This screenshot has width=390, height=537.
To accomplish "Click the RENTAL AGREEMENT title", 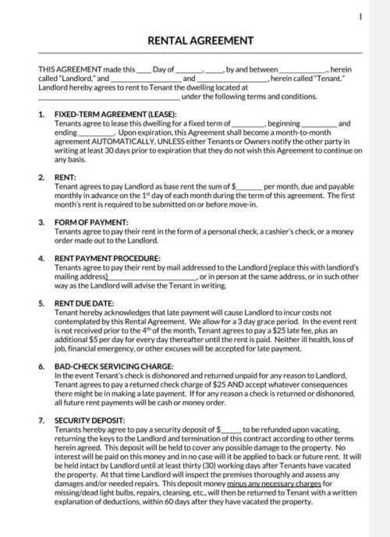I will tap(194, 40).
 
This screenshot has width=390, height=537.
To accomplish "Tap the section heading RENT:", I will tap(65, 178).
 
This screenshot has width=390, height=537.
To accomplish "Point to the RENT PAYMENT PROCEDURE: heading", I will tap(108, 258).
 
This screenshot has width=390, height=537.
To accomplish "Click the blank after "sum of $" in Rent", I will tap(250, 187).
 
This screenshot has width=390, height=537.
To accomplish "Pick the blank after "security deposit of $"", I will tap(231, 429).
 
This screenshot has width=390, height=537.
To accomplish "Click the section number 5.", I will tap(41, 302).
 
